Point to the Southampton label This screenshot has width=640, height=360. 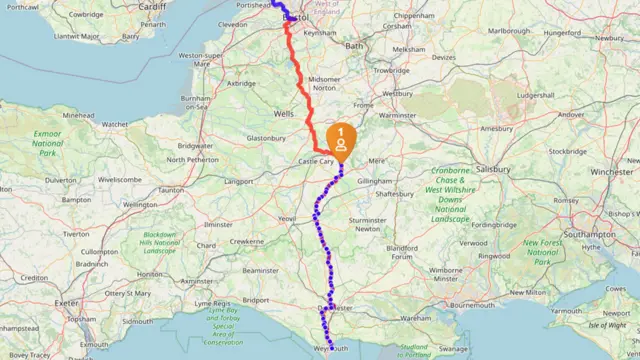coord(590,234)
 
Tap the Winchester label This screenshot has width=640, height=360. coord(611,171)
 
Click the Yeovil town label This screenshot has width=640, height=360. coord(288,217)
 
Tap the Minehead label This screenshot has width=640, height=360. coord(78,116)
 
